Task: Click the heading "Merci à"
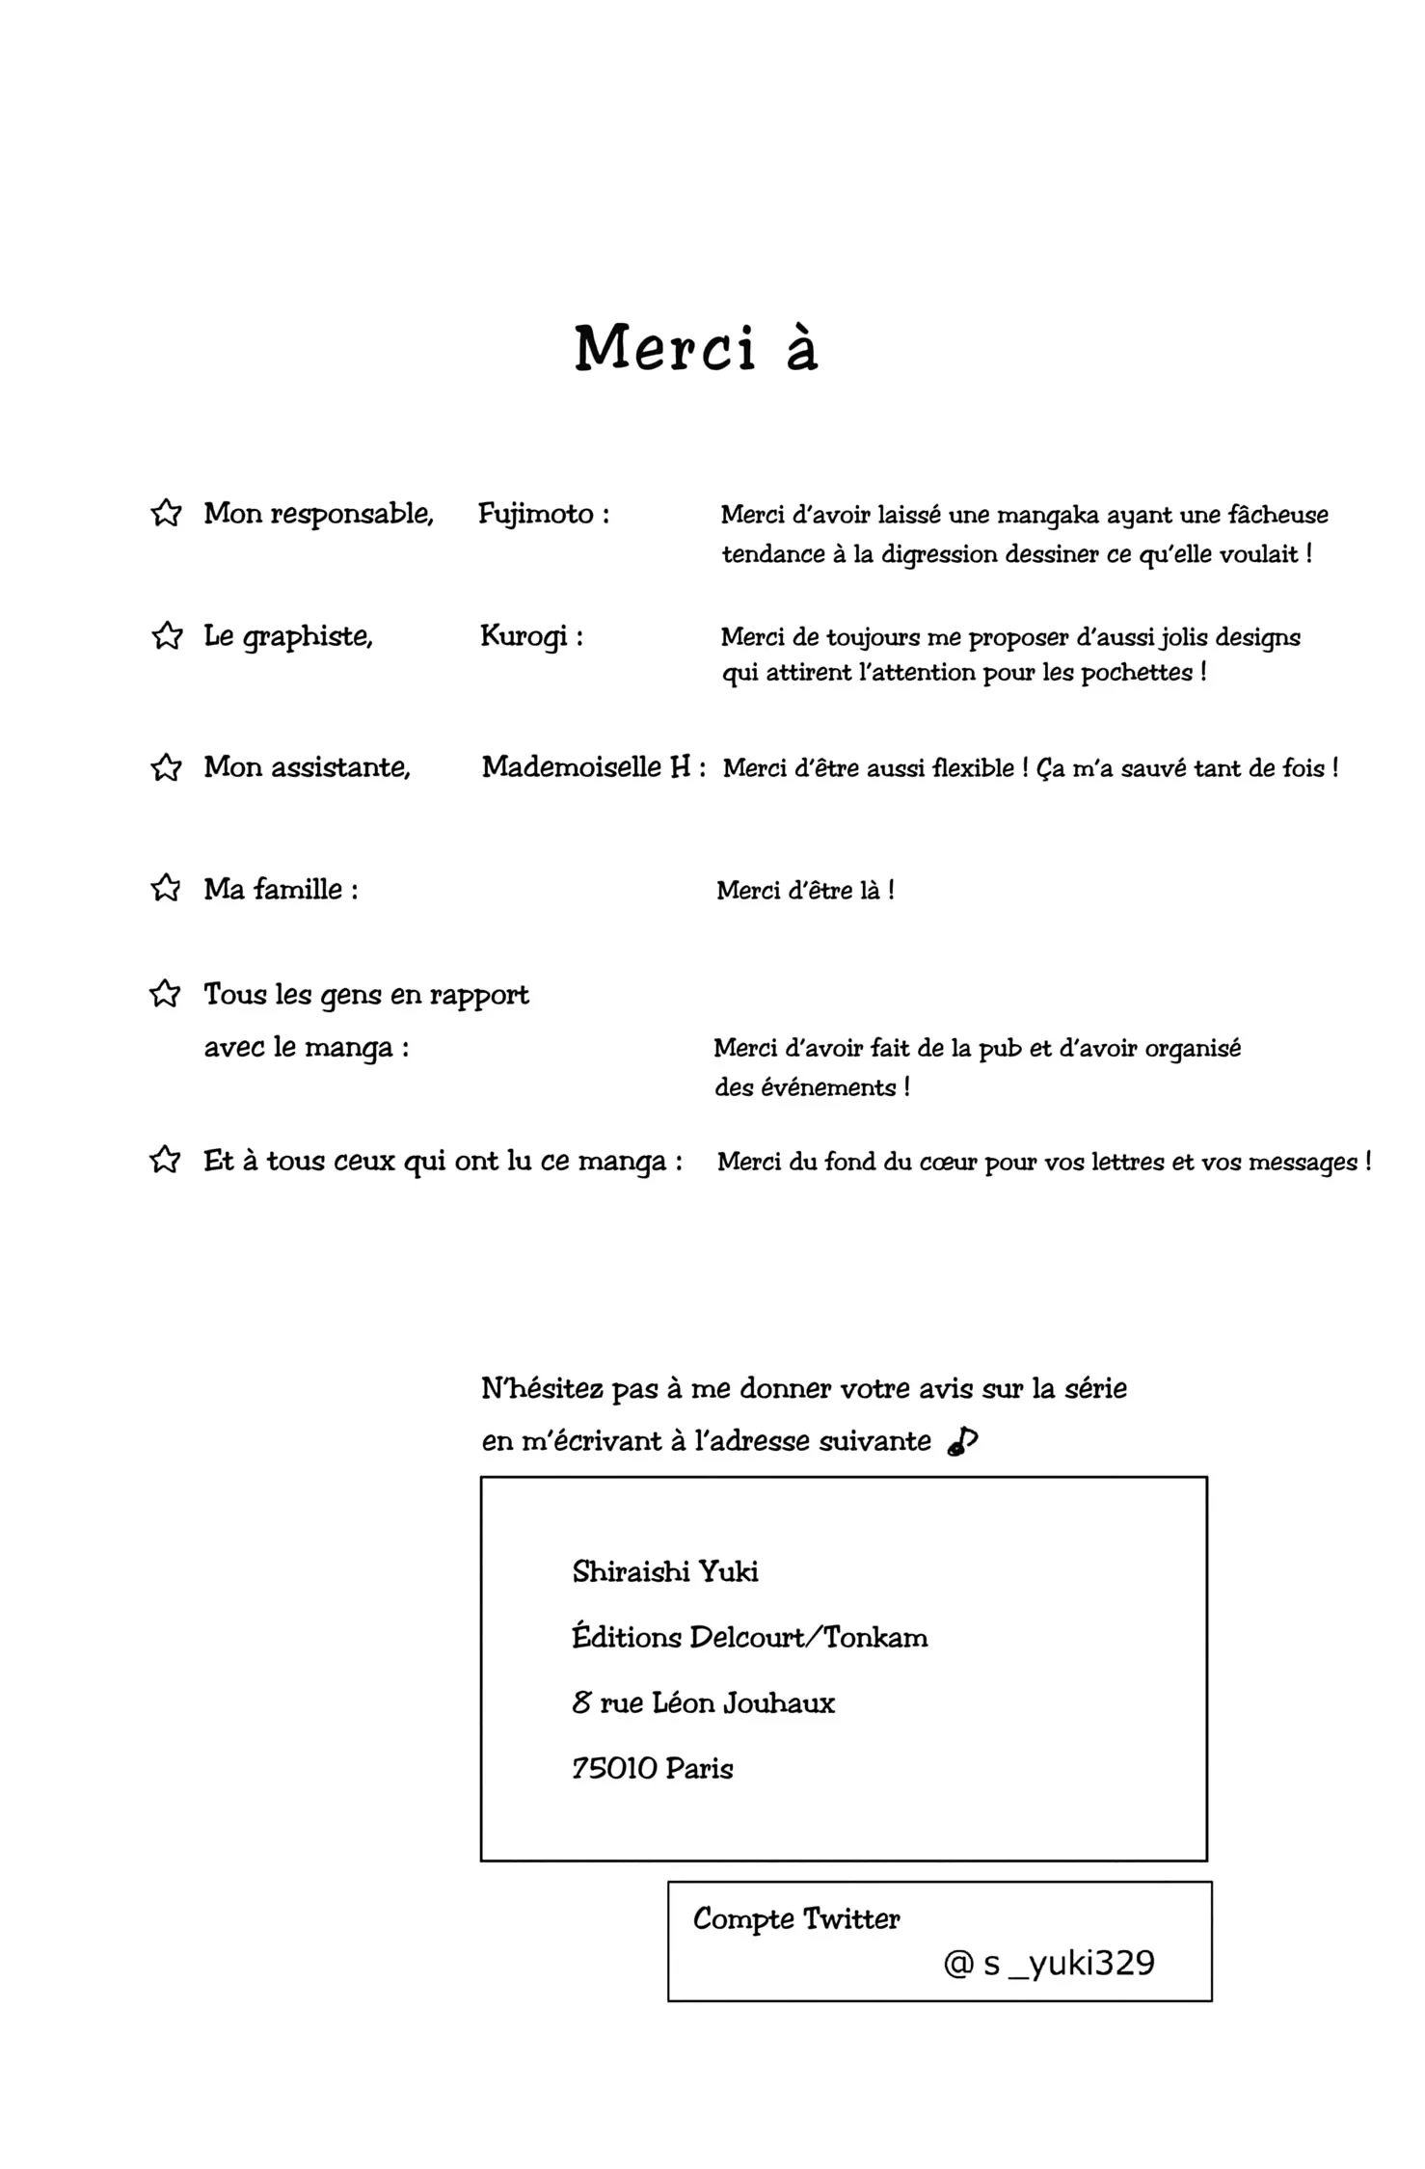696,348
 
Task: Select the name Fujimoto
536,514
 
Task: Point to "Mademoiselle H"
586,767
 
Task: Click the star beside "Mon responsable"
166,513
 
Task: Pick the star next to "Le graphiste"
167,636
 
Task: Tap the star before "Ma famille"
166,888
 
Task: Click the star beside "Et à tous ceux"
165,1160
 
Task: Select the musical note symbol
962,1441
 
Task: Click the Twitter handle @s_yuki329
1049,1963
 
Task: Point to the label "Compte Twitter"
796,1918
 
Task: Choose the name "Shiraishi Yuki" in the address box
665,1572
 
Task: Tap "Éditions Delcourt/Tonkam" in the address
750,1638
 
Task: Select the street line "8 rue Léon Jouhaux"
703,1703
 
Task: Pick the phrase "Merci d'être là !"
805,890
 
